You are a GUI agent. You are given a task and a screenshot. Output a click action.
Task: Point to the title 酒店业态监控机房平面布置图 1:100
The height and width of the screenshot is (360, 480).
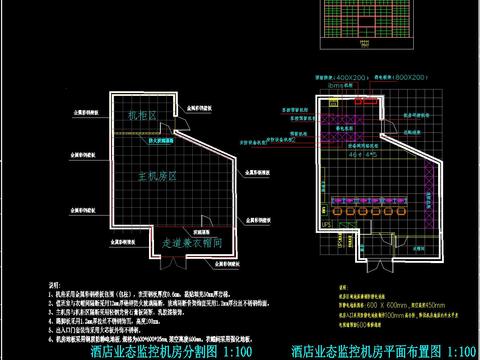pyautogui.click(x=385, y=351)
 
